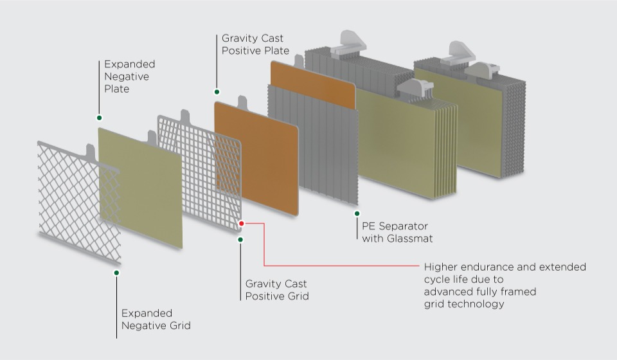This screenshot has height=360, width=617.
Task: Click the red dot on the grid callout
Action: tap(242, 224)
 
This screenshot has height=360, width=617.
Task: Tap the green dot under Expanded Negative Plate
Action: tap(99, 118)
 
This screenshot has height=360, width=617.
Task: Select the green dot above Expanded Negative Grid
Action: tap(116, 273)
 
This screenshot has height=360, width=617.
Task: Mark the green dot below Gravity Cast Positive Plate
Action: tap(217, 92)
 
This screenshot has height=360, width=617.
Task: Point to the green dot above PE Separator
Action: tap(357, 213)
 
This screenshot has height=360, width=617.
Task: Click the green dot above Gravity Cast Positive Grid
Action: tap(240, 239)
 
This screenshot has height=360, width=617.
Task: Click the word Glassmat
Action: tap(412, 239)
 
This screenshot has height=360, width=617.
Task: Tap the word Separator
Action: tap(402, 226)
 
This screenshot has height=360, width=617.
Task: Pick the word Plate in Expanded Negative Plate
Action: tap(117, 89)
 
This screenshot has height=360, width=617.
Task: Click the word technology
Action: tap(476, 303)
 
